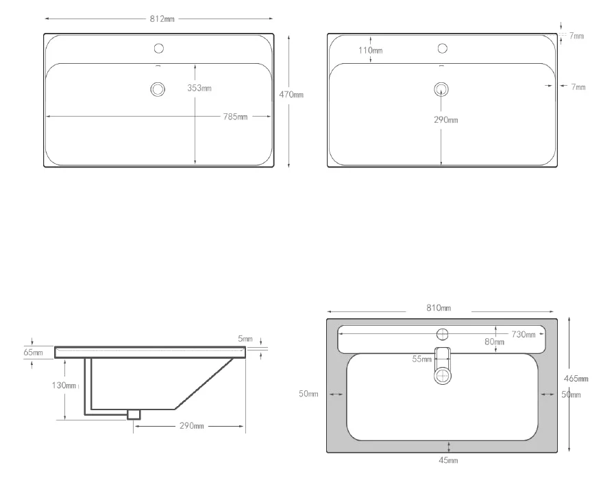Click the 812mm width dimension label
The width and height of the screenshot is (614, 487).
pyautogui.click(x=162, y=19)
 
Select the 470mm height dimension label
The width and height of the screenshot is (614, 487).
pyautogui.click(x=292, y=95)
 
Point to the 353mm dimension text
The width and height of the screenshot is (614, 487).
pyautogui.click(x=199, y=88)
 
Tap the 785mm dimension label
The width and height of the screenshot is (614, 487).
pyautogui.click(x=234, y=117)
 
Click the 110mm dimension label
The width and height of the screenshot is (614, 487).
pyautogui.click(x=370, y=50)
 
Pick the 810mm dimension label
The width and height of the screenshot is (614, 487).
pyautogui.click(x=439, y=307)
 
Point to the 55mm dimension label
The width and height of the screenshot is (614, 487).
pyautogui.click(x=421, y=359)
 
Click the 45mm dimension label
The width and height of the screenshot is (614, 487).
pyautogui.click(x=448, y=460)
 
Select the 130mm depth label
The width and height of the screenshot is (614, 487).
pyautogui.click(x=64, y=385)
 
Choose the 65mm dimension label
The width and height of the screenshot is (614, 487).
pyautogui.click(x=33, y=353)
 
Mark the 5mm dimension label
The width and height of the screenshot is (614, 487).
pyautogui.click(x=245, y=339)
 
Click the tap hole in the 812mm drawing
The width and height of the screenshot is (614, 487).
pyautogui.click(x=159, y=48)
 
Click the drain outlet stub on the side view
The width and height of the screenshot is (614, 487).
pyautogui.click(x=134, y=414)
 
